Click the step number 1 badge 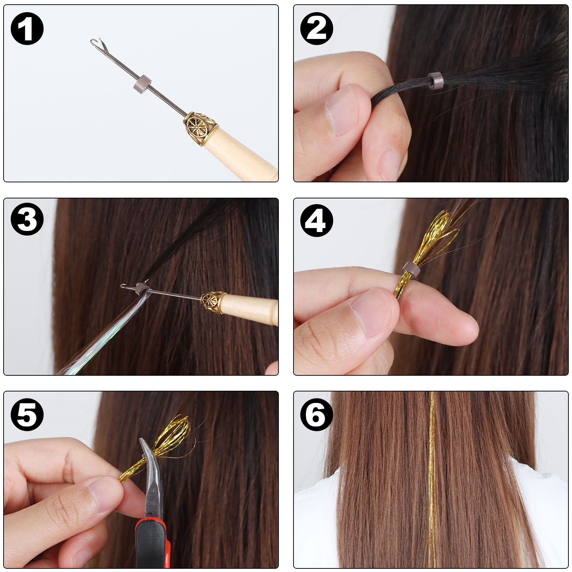click(x=27, y=29)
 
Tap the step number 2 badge click(x=317, y=29)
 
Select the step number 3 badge click(x=27, y=219)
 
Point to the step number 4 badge click(x=317, y=221)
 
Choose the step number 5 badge click(x=27, y=414)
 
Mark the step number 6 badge click(x=317, y=414)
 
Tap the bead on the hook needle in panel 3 click(x=142, y=288)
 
